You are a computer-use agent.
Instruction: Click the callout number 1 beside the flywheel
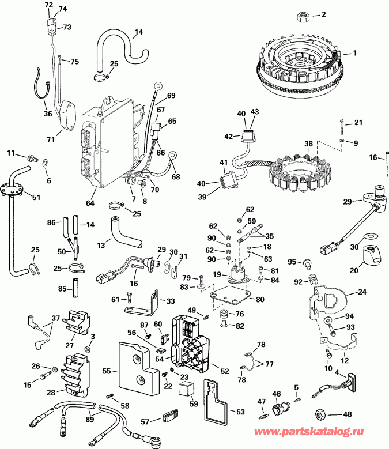coord(355,53)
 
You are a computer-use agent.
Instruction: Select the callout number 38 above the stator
coord(309,144)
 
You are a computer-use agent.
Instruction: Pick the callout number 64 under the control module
coord(91,202)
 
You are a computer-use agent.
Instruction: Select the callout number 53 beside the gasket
coord(241,411)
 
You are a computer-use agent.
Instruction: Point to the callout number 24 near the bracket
coord(362,292)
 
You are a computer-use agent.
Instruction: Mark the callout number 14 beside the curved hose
coord(139,32)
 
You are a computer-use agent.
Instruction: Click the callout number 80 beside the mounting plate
coord(261,299)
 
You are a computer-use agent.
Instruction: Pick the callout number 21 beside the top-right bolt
coord(358,123)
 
